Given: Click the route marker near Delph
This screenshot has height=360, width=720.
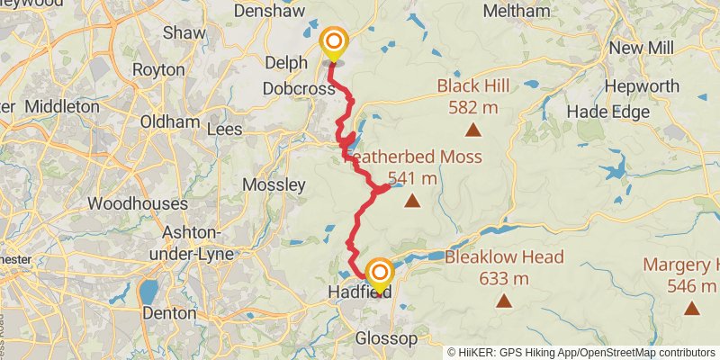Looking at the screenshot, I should click(x=334, y=41).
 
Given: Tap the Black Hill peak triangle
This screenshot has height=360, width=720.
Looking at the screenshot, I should click(x=472, y=130).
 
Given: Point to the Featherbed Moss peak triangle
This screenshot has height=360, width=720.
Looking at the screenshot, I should click(x=412, y=201).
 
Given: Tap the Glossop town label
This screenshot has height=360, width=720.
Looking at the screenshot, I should click(x=387, y=338).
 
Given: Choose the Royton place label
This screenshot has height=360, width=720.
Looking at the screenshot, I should click(x=157, y=69).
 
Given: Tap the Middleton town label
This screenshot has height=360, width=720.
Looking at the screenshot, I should click(x=62, y=106).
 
